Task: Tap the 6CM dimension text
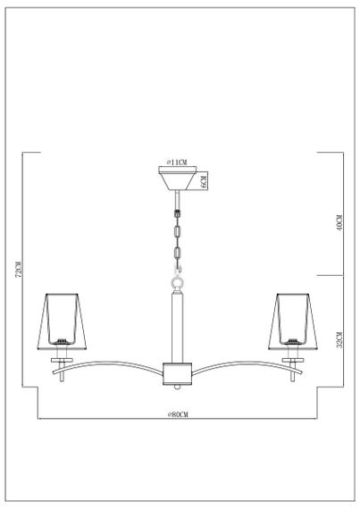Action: pyautogui.click(x=205, y=182)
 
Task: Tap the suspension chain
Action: pyautogui.click(x=178, y=239)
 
